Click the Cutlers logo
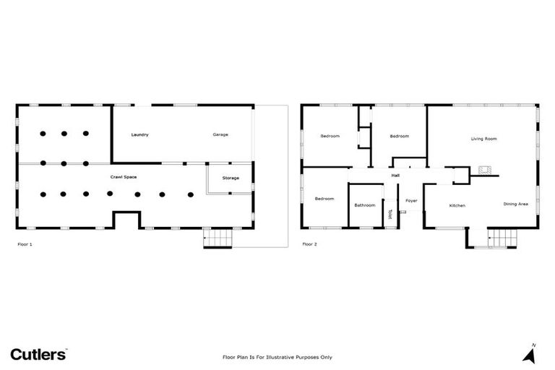[39, 353]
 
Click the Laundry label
[139, 135]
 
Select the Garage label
[220, 135]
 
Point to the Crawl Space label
[124, 177]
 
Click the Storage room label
[231, 178]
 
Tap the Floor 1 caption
[25, 244]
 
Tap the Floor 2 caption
[309, 244]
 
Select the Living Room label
[483, 139]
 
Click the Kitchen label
[457, 206]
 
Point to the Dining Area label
[516, 205]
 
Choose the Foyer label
[411, 200]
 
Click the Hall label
[395, 175]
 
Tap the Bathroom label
[365, 205]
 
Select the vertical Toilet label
[390, 214]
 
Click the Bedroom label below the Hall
[324, 199]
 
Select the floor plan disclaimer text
[277, 357]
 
